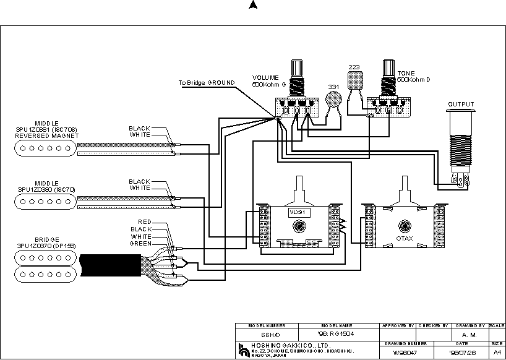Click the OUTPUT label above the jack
coord(461,105)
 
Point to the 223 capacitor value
coord(354,67)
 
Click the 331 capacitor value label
coord(333,87)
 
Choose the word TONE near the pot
coord(406,74)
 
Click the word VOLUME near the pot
coord(265,77)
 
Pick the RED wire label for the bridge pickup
coord(145,221)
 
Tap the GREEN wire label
coord(140,243)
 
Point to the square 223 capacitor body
coord(354,80)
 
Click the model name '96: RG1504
coord(337,333)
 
